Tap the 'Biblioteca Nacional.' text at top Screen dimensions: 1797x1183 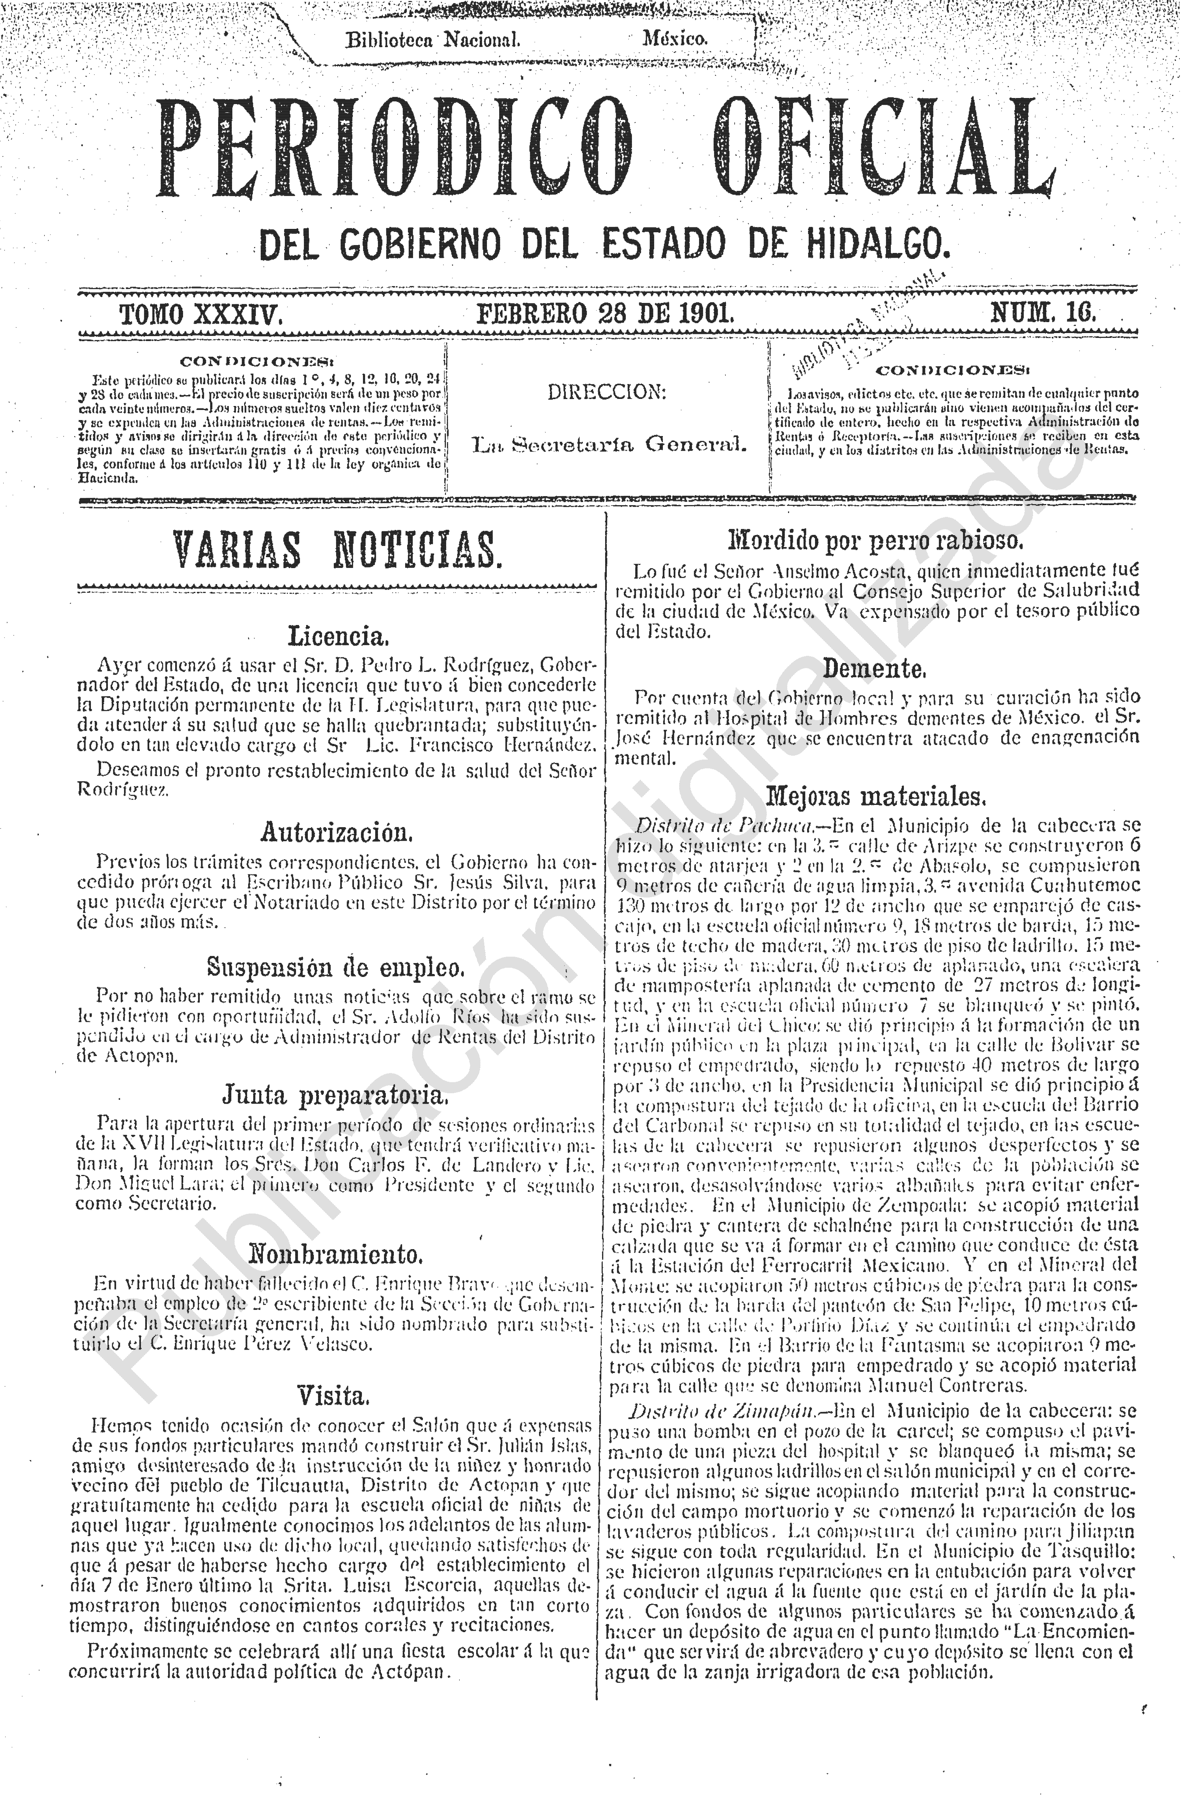tap(433, 39)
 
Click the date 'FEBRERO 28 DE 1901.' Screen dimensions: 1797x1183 tap(604, 313)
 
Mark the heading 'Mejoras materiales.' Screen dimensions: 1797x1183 tap(875, 796)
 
